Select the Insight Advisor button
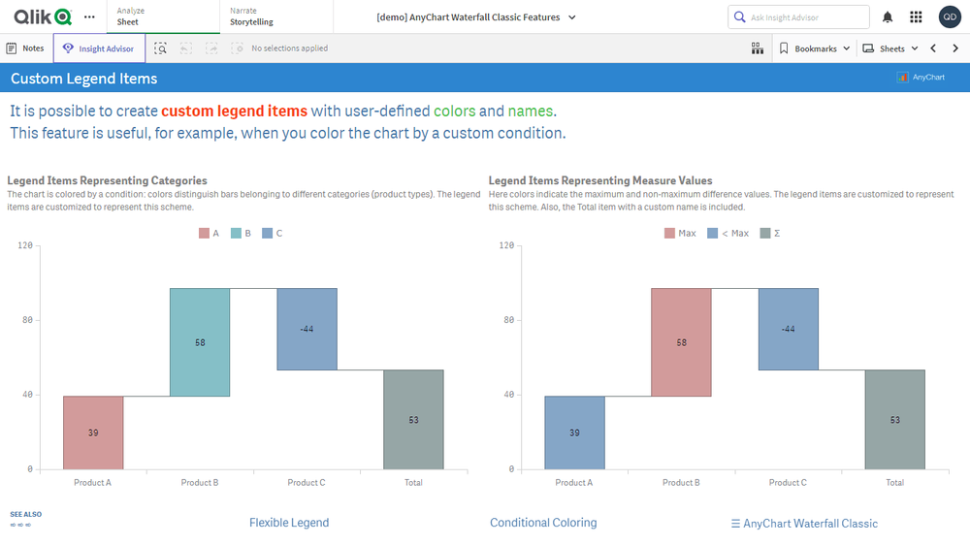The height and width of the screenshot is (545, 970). (99, 48)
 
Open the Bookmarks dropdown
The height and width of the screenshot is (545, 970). (815, 48)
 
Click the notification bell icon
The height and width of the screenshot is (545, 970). (888, 17)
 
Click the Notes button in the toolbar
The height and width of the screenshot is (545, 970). (25, 48)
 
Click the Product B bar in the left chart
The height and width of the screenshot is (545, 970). (200, 342)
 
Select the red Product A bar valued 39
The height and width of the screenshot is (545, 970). (93, 433)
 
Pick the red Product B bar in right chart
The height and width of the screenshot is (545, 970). (681, 342)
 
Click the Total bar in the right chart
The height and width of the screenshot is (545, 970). (894, 420)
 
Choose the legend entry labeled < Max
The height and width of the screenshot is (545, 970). (728, 234)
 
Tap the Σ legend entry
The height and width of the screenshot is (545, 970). (771, 234)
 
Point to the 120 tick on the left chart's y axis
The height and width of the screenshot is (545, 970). (25, 245)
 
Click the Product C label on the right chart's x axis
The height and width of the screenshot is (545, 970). (788, 482)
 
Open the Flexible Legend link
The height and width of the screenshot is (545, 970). (289, 523)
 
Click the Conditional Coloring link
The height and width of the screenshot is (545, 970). (543, 523)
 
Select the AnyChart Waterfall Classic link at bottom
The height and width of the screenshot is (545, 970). (804, 524)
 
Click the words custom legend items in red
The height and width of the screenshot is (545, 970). (234, 111)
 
